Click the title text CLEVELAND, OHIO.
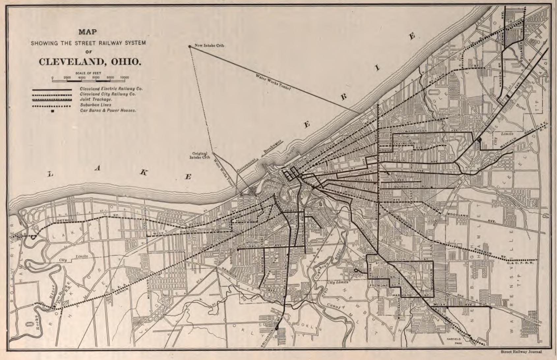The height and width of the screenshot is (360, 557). click(90, 62)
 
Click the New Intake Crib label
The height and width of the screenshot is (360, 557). click(209, 45)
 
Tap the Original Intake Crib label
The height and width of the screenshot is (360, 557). click(199, 155)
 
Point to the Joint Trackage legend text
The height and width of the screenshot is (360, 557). click(96, 99)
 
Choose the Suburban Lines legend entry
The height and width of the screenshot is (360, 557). click(95, 105)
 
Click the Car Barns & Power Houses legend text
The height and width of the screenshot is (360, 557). click(108, 110)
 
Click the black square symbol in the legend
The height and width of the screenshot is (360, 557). click(52, 111)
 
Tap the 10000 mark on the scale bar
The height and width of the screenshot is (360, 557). click(125, 78)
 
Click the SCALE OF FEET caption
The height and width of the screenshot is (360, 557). click(88, 73)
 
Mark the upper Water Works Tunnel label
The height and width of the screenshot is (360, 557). click(273, 82)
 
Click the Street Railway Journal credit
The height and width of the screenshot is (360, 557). click(521, 352)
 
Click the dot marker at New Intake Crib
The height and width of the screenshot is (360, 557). click(190, 46)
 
